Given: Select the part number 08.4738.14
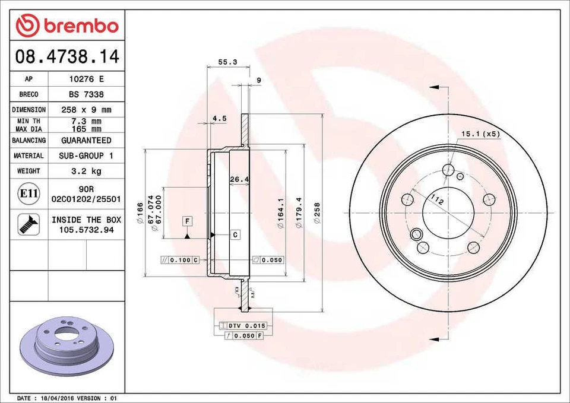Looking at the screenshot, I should point(67,57).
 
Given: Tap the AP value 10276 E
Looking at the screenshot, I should point(86,79).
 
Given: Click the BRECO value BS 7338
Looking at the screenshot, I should point(86,94).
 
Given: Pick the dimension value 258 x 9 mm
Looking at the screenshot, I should point(86,110).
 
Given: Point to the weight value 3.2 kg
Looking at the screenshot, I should point(86,171).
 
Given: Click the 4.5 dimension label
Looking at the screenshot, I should point(219,119).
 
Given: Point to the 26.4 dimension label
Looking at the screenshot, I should point(239,179).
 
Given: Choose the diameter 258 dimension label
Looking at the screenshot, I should point(316,213).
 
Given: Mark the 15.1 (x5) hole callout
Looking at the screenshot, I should point(480,135).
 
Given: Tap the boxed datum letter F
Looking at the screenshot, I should point(187,221).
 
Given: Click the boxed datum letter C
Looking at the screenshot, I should point(235,235).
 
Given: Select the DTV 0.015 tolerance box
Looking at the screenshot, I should point(246,326).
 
